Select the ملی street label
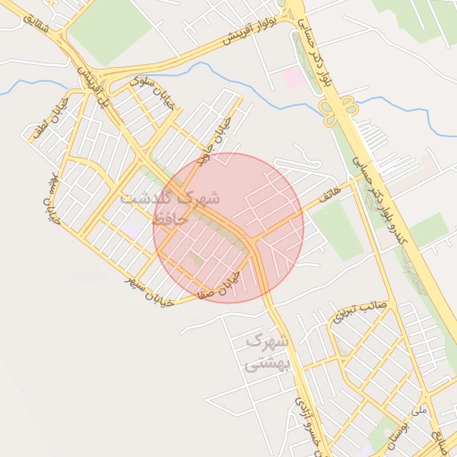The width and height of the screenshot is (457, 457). (x=420, y=411)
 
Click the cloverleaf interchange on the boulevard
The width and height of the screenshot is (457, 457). (x=339, y=111)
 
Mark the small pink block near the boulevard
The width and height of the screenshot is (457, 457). (x=293, y=78)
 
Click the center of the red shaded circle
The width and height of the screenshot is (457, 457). (x=228, y=228)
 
